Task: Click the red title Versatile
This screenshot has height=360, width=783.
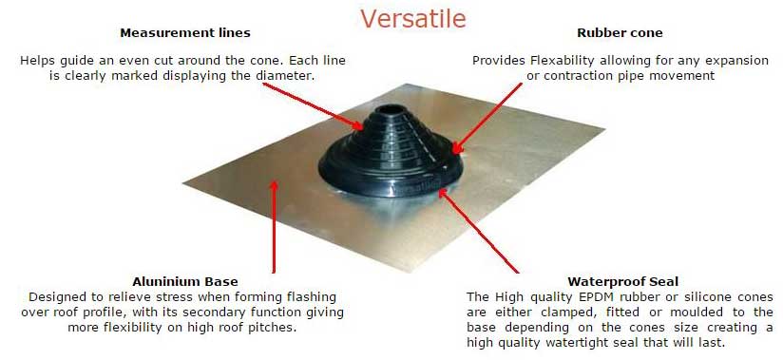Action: click(413, 18)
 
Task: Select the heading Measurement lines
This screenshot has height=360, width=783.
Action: click(185, 33)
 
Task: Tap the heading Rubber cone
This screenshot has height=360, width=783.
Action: click(620, 33)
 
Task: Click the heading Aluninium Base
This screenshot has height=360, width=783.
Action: click(185, 281)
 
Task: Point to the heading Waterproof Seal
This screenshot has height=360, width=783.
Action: click(622, 281)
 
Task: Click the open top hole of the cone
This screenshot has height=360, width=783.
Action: click(390, 108)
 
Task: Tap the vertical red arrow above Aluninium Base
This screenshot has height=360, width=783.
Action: click(274, 227)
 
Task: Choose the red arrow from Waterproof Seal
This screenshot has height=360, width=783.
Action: click(477, 231)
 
